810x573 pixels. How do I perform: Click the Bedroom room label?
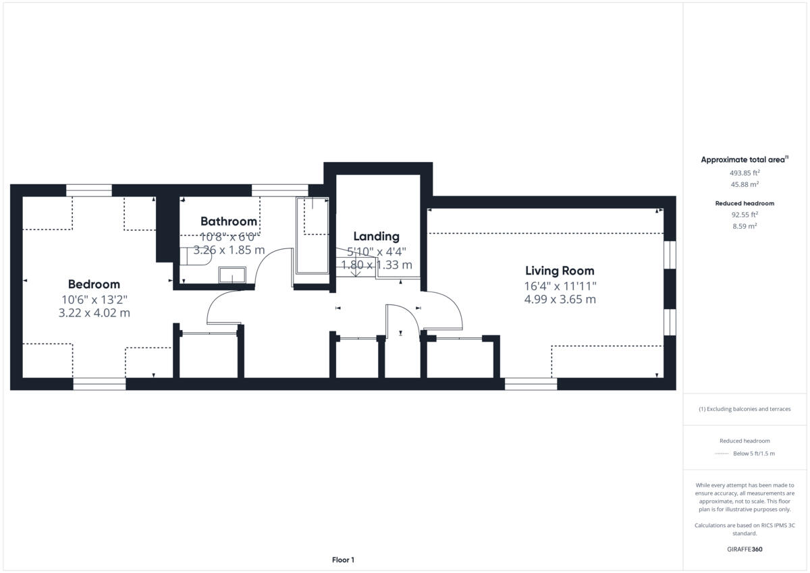pos(94,284)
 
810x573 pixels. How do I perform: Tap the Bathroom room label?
pos(229,221)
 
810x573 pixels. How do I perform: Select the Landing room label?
pos(377,236)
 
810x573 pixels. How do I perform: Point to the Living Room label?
pos(560,271)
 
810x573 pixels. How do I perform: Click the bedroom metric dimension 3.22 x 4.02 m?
pos(94,312)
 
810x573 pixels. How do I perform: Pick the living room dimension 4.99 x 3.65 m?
pos(560,299)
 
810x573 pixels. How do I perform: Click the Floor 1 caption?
pos(343,560)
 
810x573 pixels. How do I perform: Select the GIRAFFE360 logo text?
pos(745,549)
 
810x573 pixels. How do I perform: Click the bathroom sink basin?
pos(232,275)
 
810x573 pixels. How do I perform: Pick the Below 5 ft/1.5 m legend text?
pos(754,454)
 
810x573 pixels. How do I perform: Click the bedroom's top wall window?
pos(88,190)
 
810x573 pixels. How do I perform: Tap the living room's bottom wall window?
pos(531,384)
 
